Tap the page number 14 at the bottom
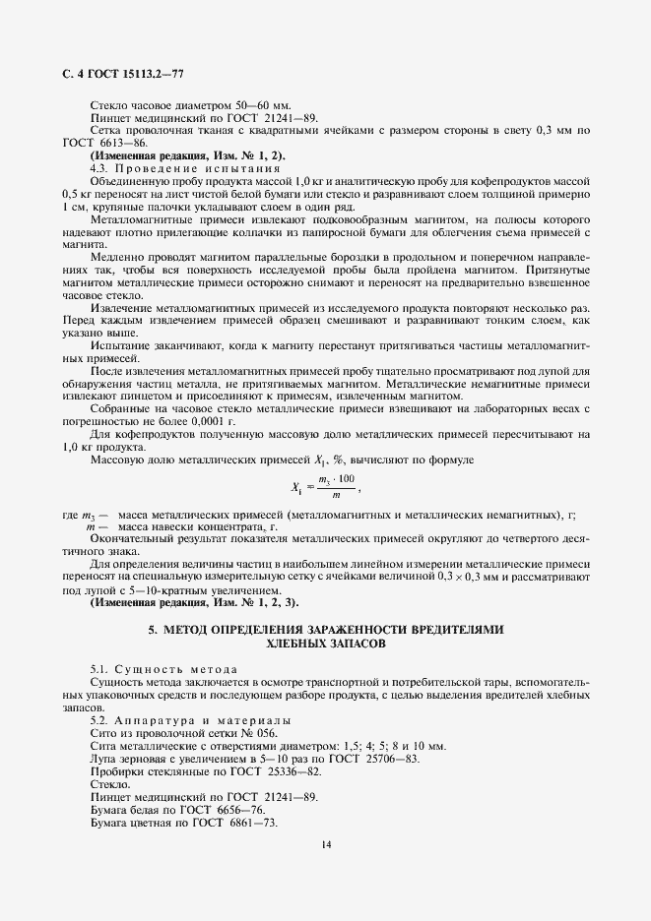[x=325, y=843]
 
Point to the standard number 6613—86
[x=122, y=143]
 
